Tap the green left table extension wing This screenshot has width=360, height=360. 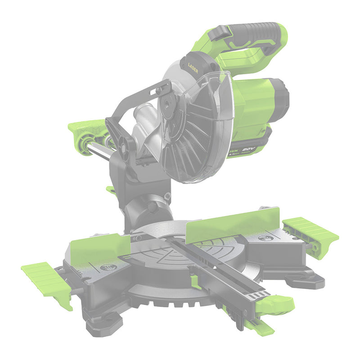click(45, 281)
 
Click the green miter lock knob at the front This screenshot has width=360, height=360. click(274, 304)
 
